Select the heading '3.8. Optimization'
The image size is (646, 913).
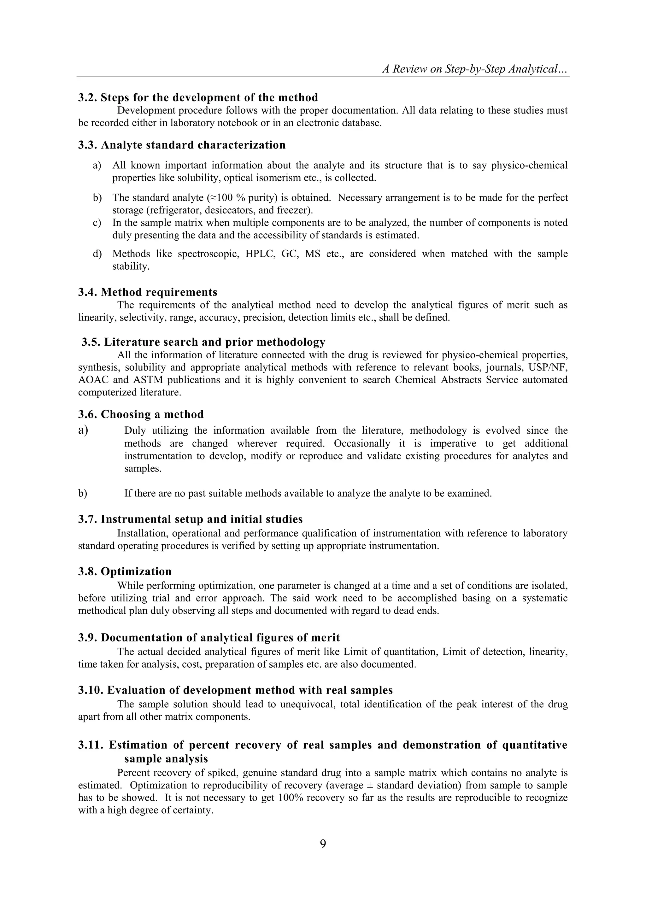tap(125, 571)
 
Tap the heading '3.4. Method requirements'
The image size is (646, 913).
tap(148, 292)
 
